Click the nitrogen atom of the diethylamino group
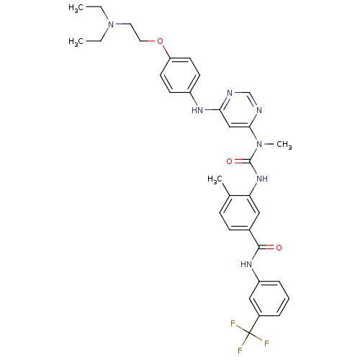point(111,24)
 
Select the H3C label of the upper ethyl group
point(76,8)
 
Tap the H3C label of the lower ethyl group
point(76,42)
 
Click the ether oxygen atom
point(160,41)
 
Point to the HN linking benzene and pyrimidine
point(197,110)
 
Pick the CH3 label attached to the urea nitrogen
point(284,145)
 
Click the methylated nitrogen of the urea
point(259,144)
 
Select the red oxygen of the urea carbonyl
point(230,161)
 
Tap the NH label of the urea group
point(262,179)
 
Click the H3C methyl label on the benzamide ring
point(215,179)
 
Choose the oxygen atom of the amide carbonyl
point(279,248)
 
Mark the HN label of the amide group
point(246,264)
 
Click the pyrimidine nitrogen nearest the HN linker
point(230,93)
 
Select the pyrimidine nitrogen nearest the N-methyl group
point(259,110)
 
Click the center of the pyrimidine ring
point(240,110)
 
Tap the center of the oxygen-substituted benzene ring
point(180,76)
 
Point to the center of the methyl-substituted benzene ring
point(240,213)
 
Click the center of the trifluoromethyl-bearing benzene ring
point(269,299)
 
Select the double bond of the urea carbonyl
point(243,161)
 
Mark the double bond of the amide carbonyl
point(266,248)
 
